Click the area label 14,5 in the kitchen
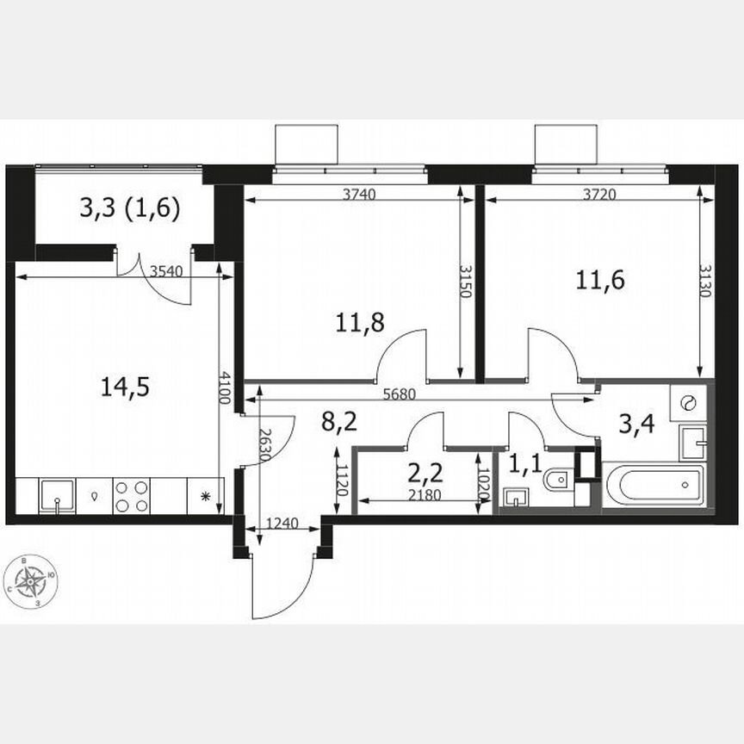point(125,387)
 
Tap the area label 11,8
point(360,323)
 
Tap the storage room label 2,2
point(424,474)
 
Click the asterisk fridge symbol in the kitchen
point(205,497)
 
